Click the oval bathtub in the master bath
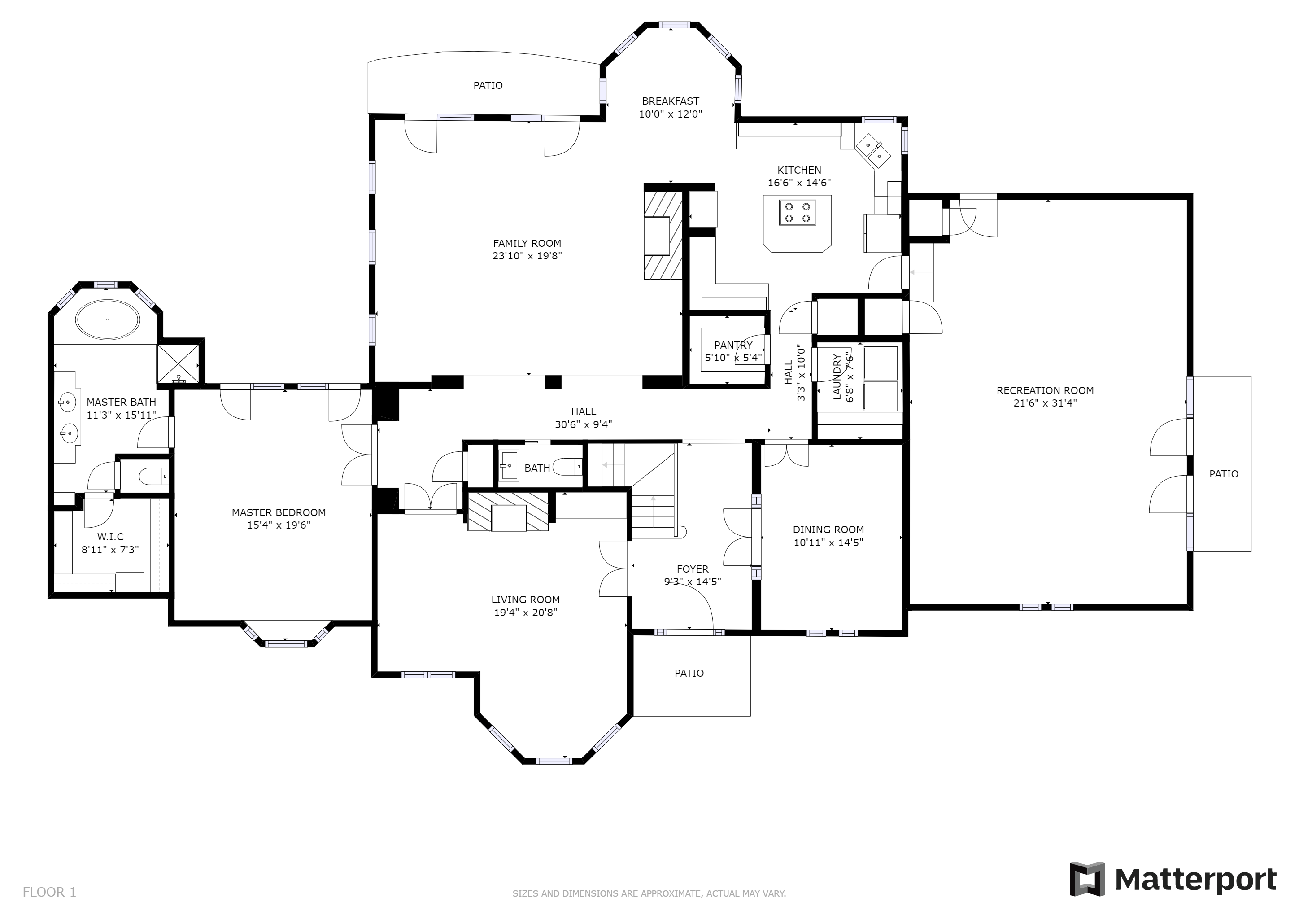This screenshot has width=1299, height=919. (108, 320)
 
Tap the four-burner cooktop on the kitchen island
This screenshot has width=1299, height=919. (797, 212)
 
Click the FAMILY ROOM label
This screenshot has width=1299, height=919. (527, 243)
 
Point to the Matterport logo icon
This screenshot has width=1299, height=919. (1087, 879)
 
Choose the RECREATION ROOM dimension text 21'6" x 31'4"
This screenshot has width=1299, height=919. (1045, 403)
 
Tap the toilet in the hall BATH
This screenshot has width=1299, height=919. (567, 467)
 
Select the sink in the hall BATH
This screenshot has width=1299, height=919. (509, 465)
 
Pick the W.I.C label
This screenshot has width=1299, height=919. (110, 537)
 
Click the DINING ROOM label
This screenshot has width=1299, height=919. (828, 530)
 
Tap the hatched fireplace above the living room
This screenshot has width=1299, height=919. (508, 512)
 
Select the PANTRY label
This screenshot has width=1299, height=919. (733, 345)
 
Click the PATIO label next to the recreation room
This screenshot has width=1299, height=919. (1224, 474)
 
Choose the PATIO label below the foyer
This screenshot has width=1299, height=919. (689, 673)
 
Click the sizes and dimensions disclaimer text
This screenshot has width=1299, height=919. (649, 893)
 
